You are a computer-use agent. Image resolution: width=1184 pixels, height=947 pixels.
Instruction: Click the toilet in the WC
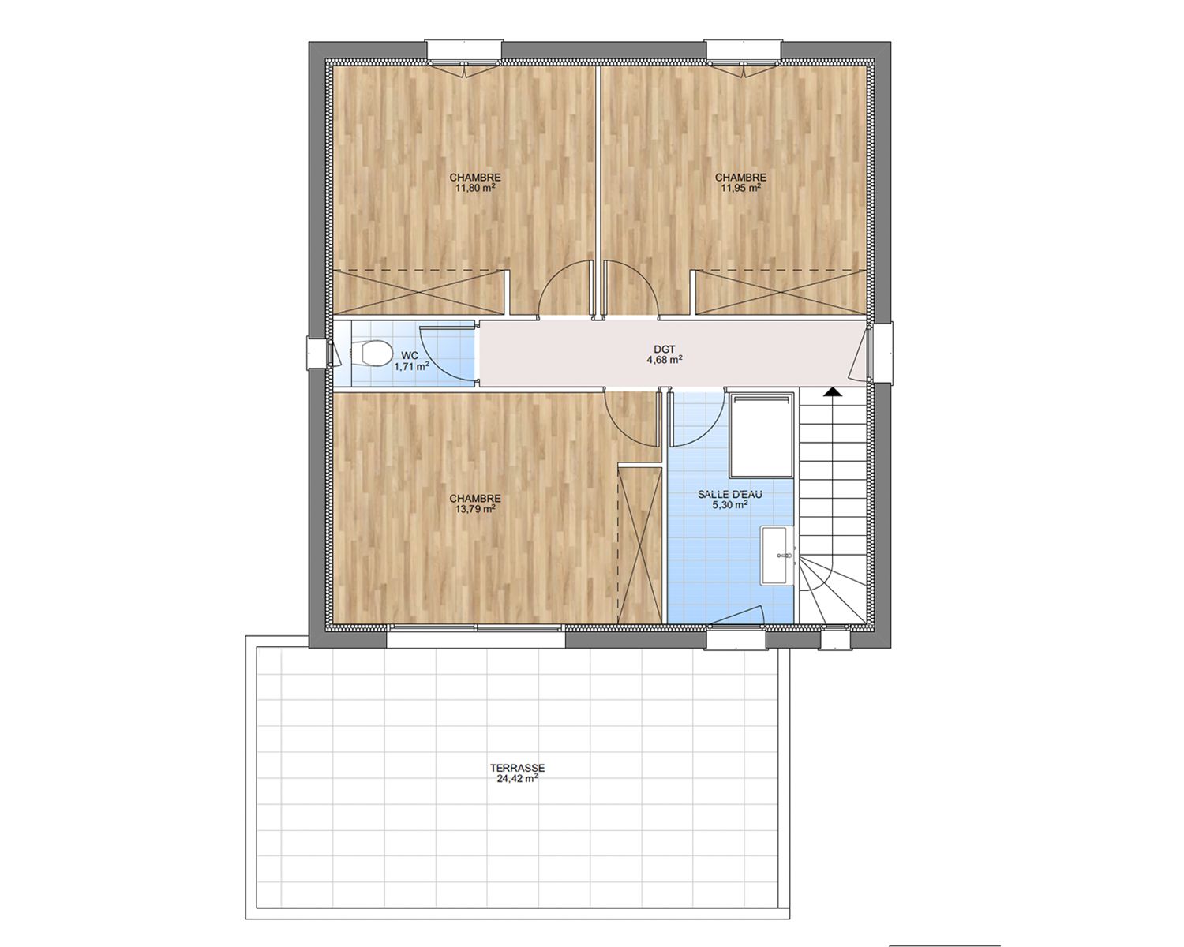coord(370,352)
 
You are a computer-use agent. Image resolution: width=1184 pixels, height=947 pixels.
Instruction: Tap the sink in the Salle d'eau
coord(777,555)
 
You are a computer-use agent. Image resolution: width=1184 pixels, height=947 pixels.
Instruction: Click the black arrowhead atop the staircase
coord(833,391)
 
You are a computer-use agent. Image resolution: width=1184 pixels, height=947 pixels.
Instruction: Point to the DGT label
coord(665,350)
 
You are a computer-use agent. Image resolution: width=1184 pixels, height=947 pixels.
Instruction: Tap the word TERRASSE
coord(517,768)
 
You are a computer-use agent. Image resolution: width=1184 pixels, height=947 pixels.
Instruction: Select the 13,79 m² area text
coord(475,508)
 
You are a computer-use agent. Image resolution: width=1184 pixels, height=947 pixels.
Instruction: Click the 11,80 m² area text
coord(475,188)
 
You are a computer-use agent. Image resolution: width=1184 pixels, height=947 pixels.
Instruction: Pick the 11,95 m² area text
coord(740,188)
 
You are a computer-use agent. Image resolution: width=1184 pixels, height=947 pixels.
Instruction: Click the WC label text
coord(410,355)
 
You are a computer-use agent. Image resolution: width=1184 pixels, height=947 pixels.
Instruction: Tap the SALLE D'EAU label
coord(730,495)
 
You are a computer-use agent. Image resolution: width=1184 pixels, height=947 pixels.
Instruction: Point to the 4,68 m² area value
coord(665,360)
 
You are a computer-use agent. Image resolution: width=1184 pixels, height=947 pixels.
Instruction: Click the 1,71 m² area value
coord(411,366)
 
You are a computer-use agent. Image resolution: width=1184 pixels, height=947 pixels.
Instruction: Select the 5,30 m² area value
coord(730,504)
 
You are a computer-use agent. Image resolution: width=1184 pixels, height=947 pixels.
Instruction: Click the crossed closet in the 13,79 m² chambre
coord(639,545)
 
